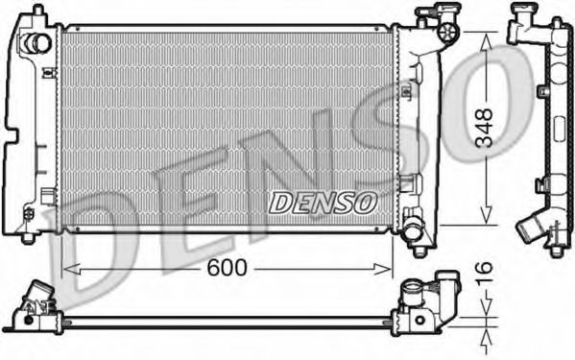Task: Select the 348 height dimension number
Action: [x=487, y=127]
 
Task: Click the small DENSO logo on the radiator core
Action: [x=323, y=202]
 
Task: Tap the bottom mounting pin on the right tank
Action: [x=419, y=252]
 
